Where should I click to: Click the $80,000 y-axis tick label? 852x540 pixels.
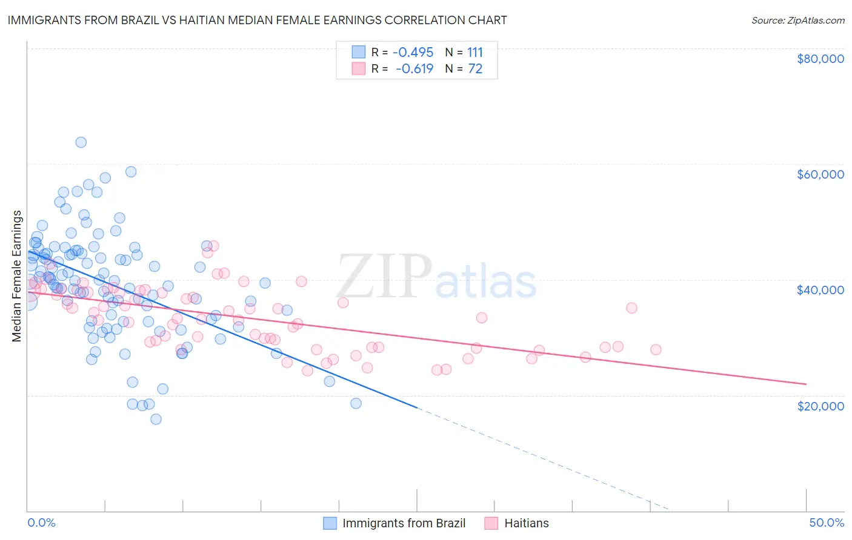click(x=820, y=59)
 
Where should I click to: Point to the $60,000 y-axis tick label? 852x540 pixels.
click(x=820, y=174)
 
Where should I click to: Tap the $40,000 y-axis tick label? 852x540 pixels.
click(x=820, y=290)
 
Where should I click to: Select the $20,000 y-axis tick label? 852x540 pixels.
click(x=820, y=406)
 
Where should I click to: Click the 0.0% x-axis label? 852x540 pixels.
click(x=41, y=522)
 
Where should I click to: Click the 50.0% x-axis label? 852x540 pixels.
click(x=826, y=522)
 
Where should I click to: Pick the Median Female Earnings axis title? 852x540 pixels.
click(x=17, y=276)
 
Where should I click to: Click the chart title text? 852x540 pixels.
click(x=257, y=20)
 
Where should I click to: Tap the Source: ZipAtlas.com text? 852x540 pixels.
click(x=797, y=20)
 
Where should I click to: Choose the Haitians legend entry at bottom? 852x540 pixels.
click(x=526, y=523)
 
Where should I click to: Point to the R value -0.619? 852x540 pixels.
click(x=414, y=69)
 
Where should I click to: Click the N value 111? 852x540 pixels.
click(x=474, y=52)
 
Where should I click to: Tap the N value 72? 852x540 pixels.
click(x=475, y=69)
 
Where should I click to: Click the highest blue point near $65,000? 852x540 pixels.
click(x=81, y=142)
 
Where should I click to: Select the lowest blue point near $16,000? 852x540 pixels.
click(x=156, y=419)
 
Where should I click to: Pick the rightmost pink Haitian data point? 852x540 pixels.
click(x=656, y=349)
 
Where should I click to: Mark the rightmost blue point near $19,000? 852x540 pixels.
click(x=356, y=403)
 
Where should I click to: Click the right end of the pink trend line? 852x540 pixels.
click(x=806, y=384)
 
